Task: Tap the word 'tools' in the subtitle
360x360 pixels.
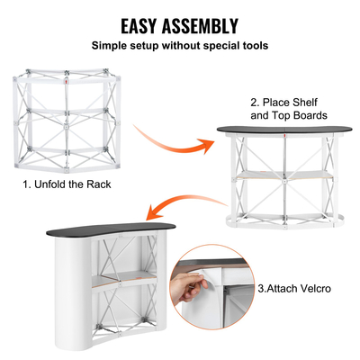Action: [x=251, y=45]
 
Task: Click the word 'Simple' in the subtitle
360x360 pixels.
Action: [x=115, y=45]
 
